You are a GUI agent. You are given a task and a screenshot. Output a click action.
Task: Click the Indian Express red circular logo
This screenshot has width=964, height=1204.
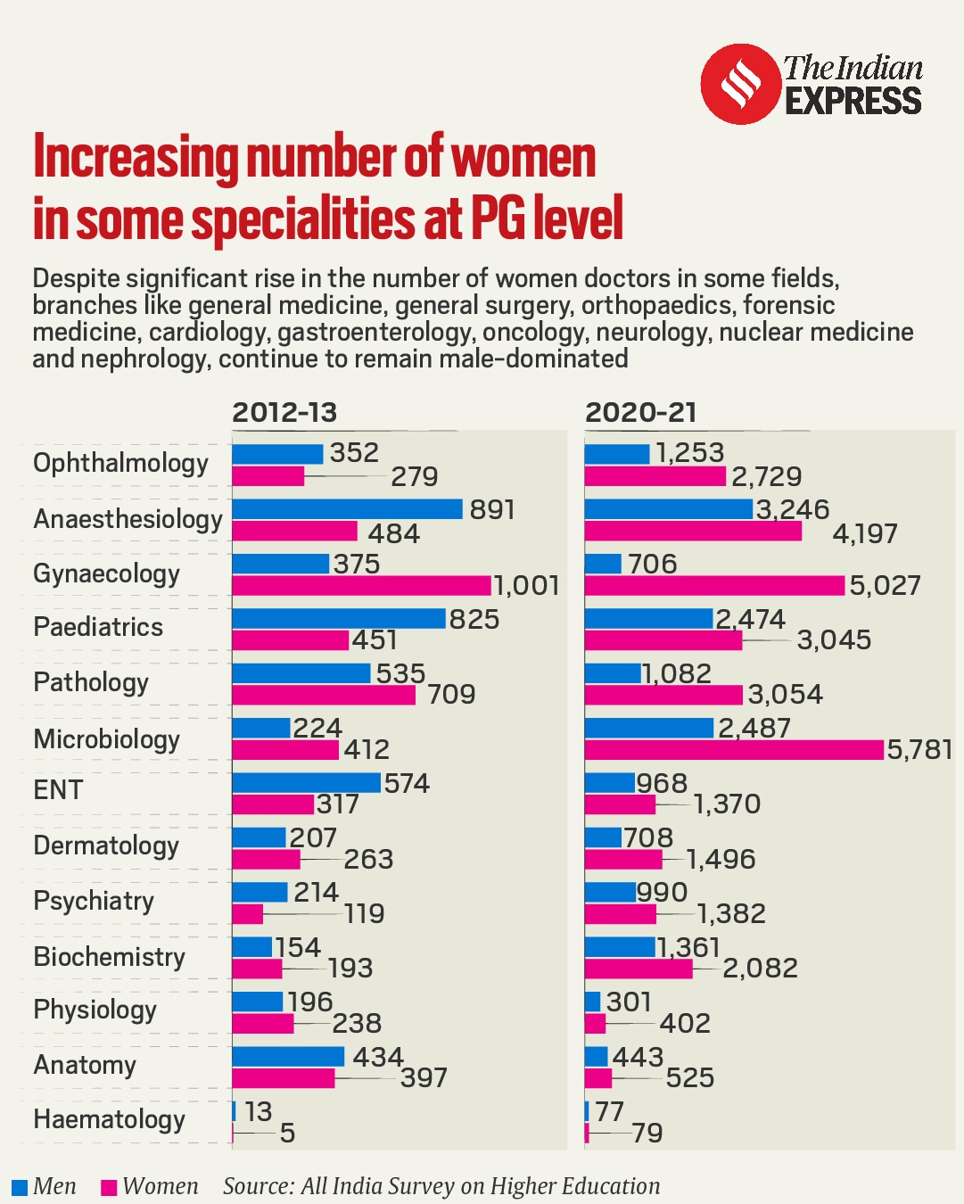coord(740,84)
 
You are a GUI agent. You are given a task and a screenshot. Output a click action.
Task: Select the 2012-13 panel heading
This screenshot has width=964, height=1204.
coord(284,413)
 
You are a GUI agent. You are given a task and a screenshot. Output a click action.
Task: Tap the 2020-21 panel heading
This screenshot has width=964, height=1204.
coord(640,413)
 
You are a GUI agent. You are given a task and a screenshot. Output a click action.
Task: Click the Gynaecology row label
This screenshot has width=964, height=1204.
coord(106,574)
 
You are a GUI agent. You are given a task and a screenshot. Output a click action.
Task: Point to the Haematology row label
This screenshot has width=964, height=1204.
coord(109,1120)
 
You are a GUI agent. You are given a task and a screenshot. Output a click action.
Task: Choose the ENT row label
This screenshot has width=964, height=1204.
coord(58,790)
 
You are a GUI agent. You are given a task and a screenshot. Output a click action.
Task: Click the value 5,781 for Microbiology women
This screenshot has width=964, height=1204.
coord(919,750)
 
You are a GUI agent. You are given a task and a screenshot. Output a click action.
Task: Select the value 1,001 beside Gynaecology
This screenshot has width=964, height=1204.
coord(526,586)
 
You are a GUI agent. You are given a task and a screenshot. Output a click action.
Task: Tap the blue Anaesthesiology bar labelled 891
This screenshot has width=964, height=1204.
coord(347,509)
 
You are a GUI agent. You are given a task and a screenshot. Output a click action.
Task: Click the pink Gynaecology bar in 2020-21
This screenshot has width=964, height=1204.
coord(714,586)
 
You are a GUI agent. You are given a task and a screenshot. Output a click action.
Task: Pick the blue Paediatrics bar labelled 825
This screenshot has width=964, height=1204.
coord(338,619)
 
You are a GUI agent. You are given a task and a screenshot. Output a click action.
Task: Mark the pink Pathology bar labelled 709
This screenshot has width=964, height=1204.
coord(324,695)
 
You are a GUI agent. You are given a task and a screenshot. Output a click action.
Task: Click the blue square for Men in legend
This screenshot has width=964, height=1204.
coord(20,1187)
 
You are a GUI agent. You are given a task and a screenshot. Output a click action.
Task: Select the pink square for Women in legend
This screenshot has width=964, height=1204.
coord(109,1187)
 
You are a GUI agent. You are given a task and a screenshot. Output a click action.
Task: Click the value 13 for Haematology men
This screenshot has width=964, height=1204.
coord(258,1112)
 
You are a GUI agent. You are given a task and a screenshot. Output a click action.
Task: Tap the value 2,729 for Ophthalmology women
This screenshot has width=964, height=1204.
coord(766,477)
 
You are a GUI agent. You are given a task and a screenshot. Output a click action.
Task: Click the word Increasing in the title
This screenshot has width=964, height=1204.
coord(135,158)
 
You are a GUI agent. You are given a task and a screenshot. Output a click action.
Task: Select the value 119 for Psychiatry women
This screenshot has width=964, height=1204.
coord(364,914)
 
